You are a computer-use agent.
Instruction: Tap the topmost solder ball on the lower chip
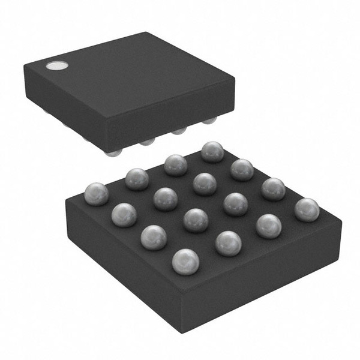click(x=212, y=152)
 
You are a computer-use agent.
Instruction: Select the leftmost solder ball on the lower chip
click(x=97, y=194)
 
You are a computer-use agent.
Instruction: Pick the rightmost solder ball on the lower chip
click(x=307, y=209)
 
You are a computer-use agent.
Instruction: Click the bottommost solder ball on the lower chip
click(x=185, y=261)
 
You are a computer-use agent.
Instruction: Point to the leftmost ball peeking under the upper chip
click(x=112, y=152)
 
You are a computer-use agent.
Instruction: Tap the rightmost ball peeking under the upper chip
click(x=209, y=122)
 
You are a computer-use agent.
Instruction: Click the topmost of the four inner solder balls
click(x=205, y=183)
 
